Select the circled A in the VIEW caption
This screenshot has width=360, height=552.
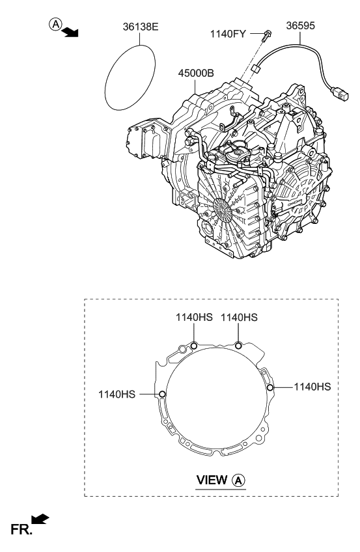click(239, 480)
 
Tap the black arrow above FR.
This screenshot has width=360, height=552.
click(40, 519)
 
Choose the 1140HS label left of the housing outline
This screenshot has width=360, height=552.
click(118, 394)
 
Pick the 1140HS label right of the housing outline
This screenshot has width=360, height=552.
click(312, 387)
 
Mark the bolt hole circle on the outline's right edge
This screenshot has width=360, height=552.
click(270, 387)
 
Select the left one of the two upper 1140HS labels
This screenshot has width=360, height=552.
click(194, 317)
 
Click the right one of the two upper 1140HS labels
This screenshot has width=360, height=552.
click(239, 317)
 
